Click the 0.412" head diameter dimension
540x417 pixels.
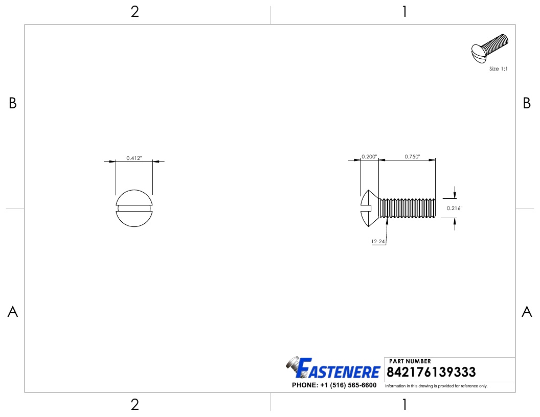tap(134, 158)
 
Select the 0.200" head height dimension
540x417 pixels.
tap(369, 156)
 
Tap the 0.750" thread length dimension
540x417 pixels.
tap(412, 156)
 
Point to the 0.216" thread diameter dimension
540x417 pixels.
tap(454, 208)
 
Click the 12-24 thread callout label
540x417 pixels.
tap(378, 242)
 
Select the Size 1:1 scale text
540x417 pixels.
tap(498, 68)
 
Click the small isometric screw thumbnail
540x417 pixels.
tap(489, 48)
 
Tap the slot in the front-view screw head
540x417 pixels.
tap(134, 208)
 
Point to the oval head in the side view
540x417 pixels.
tap(370, 208)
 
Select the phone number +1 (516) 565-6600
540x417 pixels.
tap(334, 385)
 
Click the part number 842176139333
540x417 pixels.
tap(432, 372)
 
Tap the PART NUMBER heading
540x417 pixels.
tap(410, 361)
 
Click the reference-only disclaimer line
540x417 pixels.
tap(436, 386)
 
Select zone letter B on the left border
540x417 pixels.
tap(13, 104)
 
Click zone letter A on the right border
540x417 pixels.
tap(527, 312)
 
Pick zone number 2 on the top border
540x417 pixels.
tap(135, 12)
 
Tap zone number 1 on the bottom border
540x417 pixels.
tap(404, 405)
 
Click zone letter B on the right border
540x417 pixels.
tap(527, 104)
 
